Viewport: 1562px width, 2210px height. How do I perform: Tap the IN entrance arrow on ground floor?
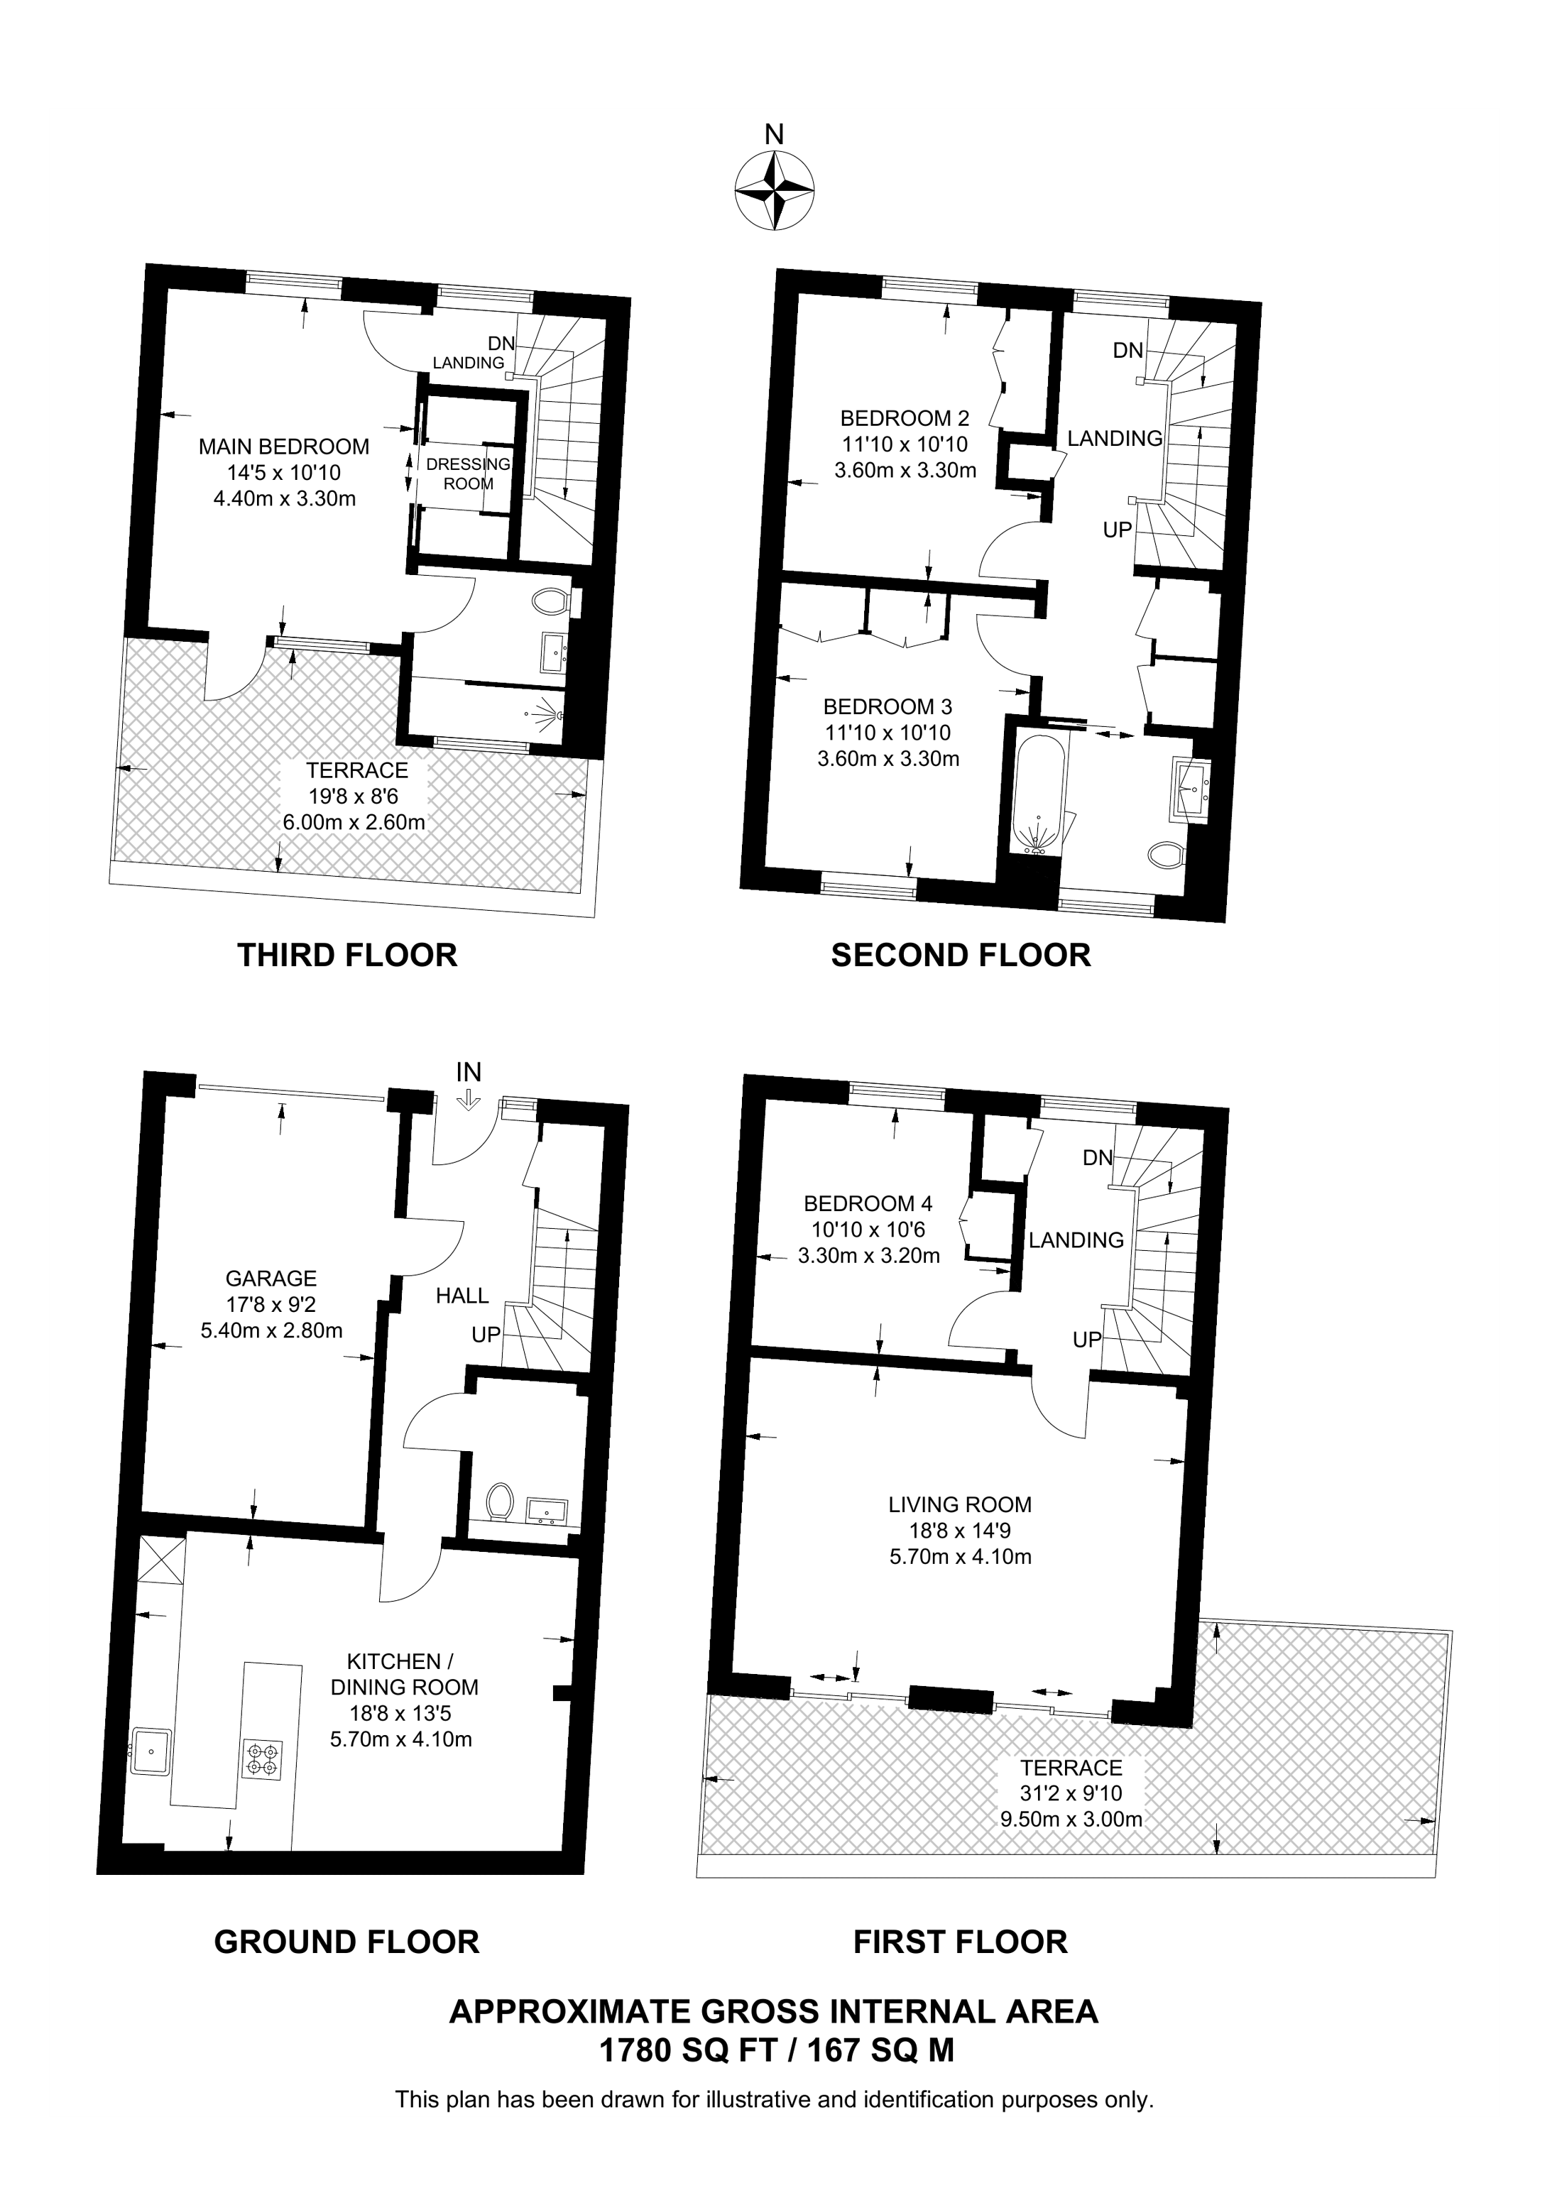468,1098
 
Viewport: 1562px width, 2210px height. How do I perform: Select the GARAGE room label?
271,1279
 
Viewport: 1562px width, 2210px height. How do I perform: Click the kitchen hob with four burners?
263,1758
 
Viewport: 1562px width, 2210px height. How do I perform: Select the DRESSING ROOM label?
468,474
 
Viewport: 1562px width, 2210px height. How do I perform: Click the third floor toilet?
550,603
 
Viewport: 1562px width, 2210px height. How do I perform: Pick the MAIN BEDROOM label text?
283,447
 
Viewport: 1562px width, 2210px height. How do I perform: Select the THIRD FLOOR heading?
346,955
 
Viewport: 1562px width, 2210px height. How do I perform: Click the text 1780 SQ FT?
687,2051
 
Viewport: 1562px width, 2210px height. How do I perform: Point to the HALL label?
462,1296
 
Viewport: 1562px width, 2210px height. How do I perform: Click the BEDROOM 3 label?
887,706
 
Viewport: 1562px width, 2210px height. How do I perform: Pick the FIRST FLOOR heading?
959,1942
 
